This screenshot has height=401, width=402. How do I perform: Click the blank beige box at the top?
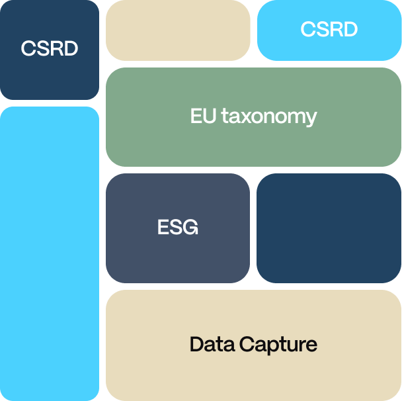click(178, 30)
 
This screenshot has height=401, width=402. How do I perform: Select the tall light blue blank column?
click(50, 253)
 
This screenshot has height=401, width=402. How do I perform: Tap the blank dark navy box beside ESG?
click(329, 228)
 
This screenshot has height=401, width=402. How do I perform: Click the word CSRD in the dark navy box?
click(50, 49)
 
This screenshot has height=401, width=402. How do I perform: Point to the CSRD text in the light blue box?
click(329, 29)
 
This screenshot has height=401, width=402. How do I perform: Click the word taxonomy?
click(269, 117)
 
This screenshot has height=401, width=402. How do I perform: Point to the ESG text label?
click(178, 228)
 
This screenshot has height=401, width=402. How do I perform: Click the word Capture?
click(278, 345)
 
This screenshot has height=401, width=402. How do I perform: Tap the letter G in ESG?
click(190, 228)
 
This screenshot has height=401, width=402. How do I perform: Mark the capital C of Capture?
click(246, 344)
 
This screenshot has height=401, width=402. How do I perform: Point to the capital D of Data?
click(196, 344)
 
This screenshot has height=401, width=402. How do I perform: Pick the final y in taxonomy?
click(311, 119)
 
